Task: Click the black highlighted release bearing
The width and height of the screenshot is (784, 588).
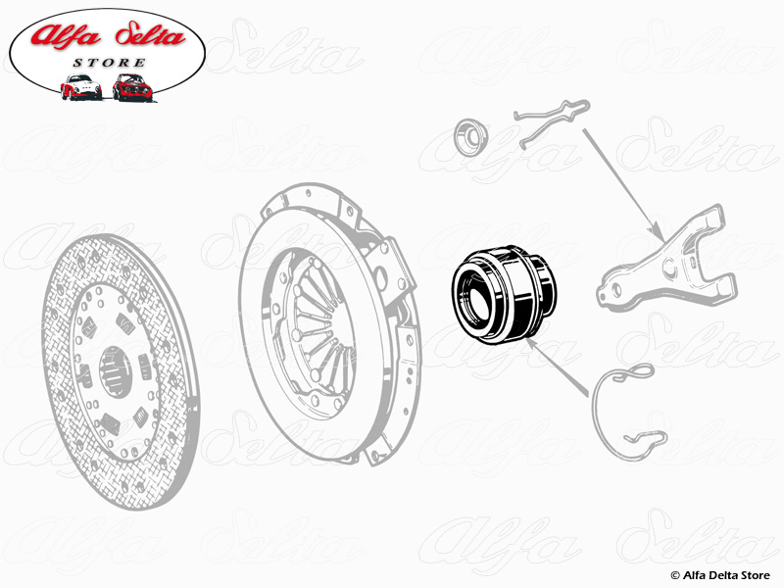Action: (504, 294)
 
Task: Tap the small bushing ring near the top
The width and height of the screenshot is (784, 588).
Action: (470, 135)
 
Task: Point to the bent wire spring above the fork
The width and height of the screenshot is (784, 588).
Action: (552, 122)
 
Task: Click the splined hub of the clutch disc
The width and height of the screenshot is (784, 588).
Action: (115, 371)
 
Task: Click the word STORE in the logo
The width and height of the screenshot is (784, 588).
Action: (109, 63)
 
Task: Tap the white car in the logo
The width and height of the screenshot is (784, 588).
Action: (80, 87)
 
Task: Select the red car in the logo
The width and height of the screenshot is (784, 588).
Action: (132, 87)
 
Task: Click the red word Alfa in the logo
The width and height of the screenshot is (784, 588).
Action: (66, 36)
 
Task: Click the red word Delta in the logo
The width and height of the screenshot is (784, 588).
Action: (150, 35)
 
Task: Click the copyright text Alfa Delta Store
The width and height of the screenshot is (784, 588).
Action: (720, 575)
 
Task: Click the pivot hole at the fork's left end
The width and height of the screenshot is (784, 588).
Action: (616, 290)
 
